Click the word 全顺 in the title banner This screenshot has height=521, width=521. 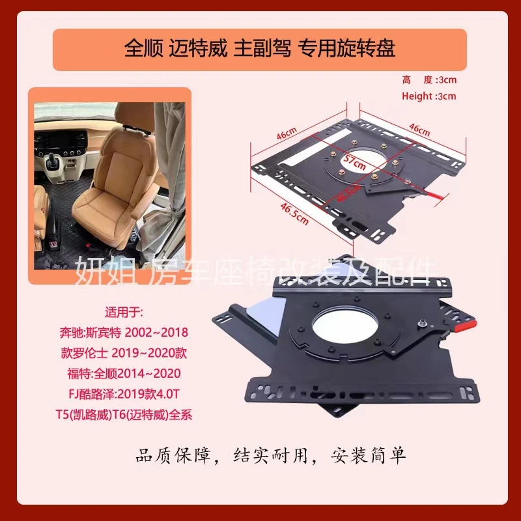[x=140, y=49]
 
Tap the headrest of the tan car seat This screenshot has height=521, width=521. [x=126, y=132]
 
